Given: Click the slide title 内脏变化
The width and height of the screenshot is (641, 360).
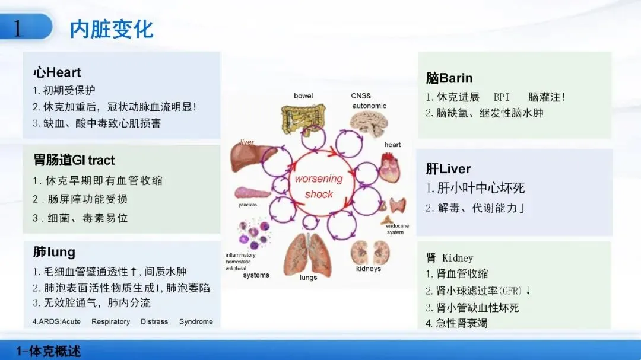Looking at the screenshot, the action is pos(112,28).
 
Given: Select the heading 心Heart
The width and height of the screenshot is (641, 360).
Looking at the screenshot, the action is pos(57,73).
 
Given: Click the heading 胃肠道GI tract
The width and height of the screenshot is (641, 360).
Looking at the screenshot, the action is pos(74,160).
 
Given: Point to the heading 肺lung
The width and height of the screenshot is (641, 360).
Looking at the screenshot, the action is pos(54,252).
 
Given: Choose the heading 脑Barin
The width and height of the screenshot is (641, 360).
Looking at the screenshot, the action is pos(449,78).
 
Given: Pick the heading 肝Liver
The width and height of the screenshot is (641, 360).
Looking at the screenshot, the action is pos(448,169).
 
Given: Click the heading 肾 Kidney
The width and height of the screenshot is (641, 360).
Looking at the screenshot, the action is pos(449,258).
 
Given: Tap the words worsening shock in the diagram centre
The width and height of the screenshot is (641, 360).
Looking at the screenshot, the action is pos(319,186).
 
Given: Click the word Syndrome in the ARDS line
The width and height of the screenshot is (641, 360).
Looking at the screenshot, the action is pos(196,321).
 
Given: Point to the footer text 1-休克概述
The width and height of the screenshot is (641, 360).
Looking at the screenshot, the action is pos(49,351).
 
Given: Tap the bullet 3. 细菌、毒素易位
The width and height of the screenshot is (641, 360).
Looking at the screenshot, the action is pos(80,218).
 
